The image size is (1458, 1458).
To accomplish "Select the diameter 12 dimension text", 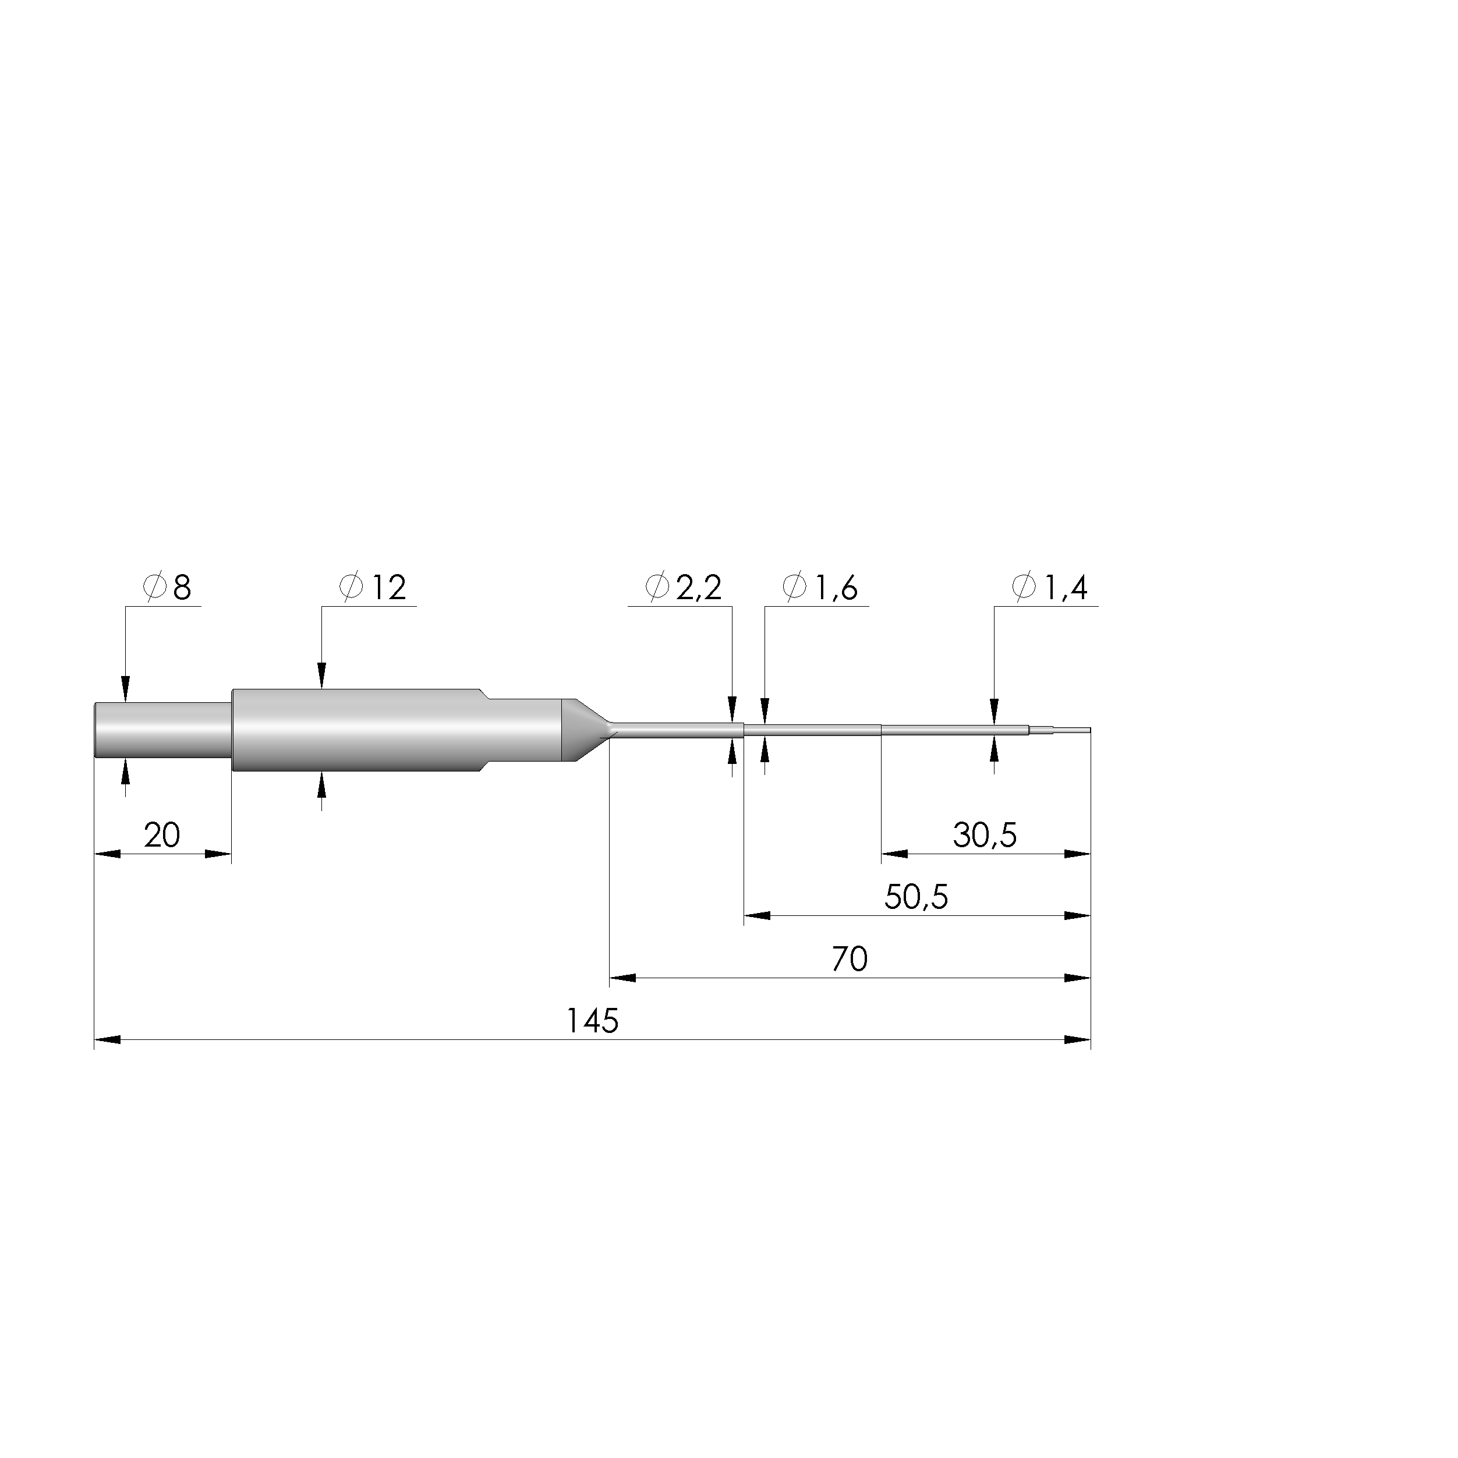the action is click(x=373, y=588).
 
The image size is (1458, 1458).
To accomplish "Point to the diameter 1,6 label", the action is click(x=820, y=588).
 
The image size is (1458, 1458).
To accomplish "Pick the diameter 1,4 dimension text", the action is click(x=1050, y=588).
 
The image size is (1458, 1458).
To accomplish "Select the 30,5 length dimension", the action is click(x=985, y=836).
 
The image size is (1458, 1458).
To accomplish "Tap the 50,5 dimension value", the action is click(x=916, y=897).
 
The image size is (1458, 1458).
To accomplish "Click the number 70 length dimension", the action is click(x=850, y=959).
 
